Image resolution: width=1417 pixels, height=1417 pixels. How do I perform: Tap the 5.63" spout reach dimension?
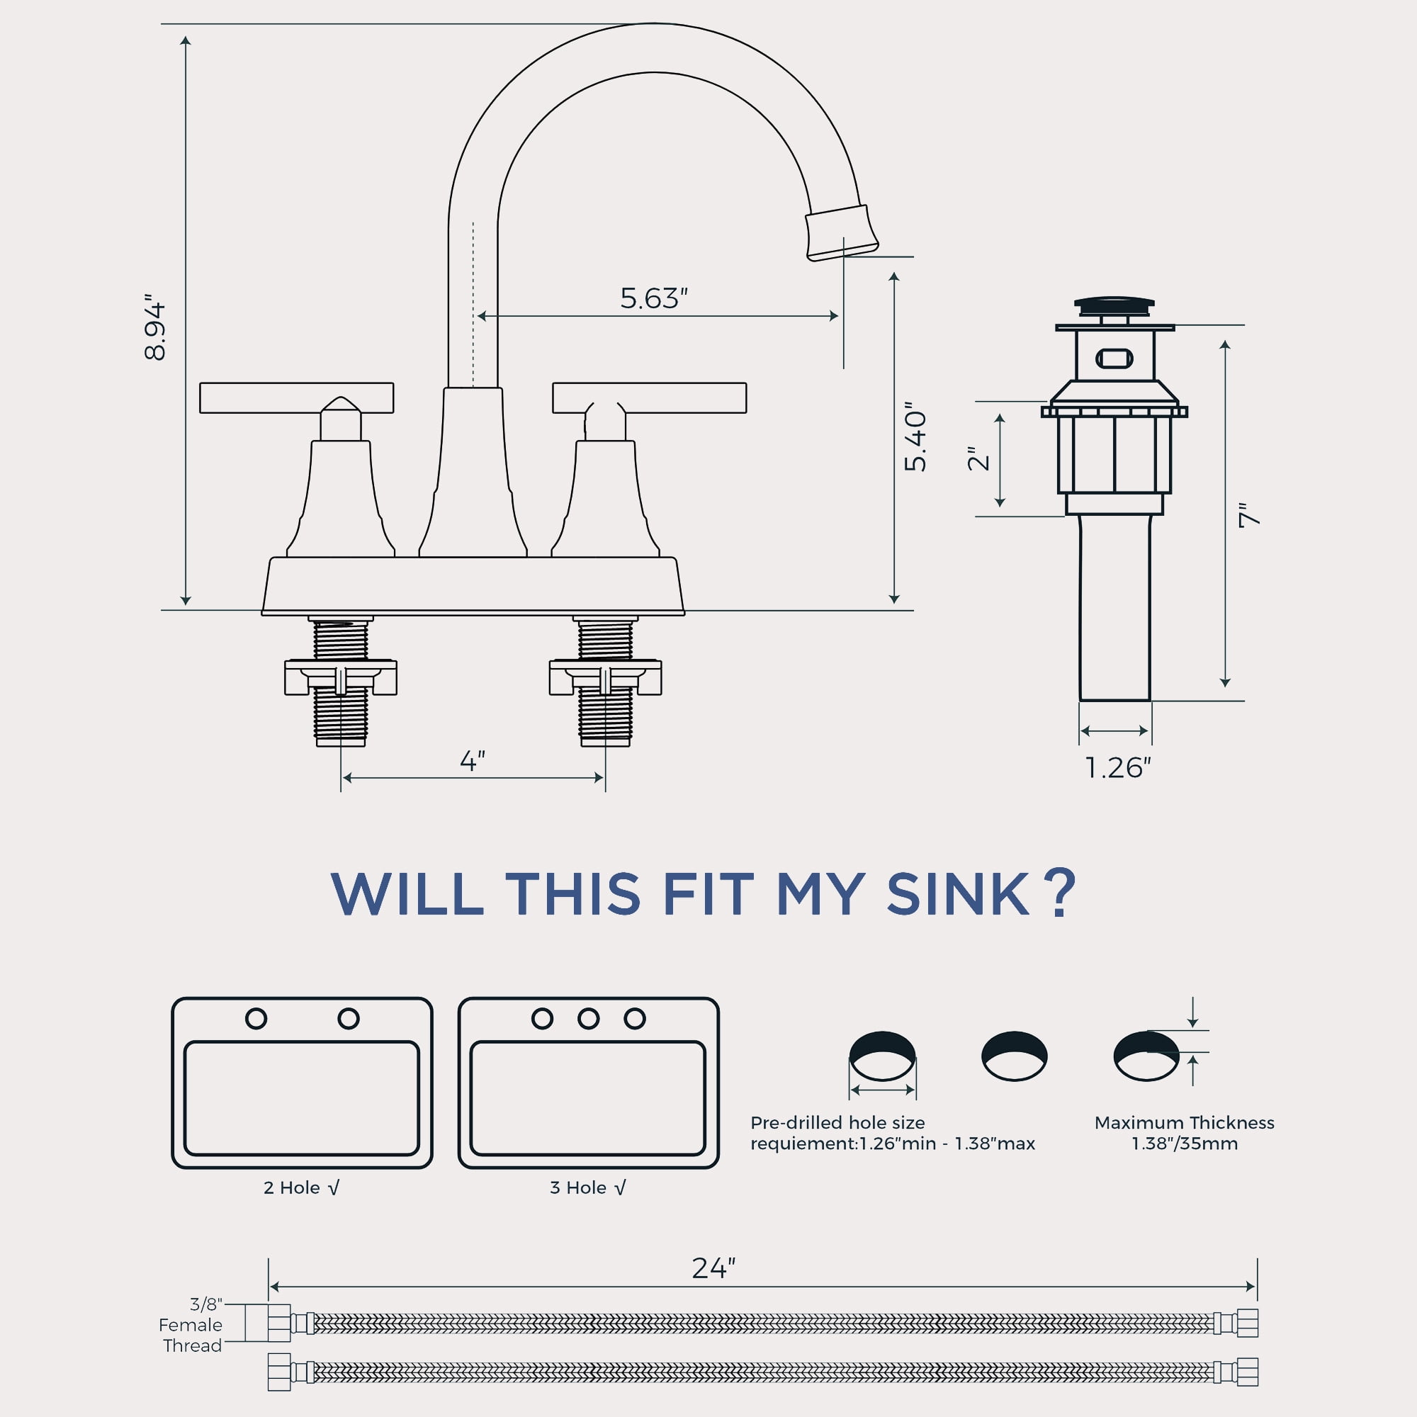click(653, 298)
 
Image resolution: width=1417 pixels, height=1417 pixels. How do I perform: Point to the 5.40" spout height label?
click(915, 436)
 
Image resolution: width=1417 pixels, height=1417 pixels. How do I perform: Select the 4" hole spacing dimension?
click(473, 760)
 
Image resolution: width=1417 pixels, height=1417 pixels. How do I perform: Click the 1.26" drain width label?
click(1117, 768)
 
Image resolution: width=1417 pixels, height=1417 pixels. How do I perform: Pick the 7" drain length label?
click(1249, 515)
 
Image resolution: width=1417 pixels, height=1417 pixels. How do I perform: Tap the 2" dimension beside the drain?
click(979, 458)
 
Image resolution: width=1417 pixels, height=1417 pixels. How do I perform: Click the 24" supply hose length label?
click(713, 1268)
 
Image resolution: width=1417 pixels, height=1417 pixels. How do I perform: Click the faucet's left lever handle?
click(296, 398)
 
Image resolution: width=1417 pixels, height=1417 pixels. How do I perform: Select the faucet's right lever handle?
click(649, 398)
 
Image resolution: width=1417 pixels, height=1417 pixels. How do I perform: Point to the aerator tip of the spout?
click(841, 232)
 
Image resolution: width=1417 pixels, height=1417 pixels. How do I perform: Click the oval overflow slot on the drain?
click(1114, 359)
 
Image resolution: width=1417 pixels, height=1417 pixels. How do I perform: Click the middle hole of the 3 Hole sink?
click(588, 1019)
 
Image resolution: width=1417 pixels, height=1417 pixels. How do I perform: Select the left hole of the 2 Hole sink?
click(256, 1019)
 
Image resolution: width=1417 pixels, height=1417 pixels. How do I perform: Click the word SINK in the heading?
click(958, 895)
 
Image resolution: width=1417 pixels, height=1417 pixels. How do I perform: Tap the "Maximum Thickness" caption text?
click(1185, 1123)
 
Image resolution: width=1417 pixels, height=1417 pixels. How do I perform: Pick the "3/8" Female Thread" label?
click(191, 1325)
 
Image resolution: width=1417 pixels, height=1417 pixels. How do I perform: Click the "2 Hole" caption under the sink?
click(291, 1188)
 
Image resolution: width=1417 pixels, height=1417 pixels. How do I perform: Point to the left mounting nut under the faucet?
click(340, 677)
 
